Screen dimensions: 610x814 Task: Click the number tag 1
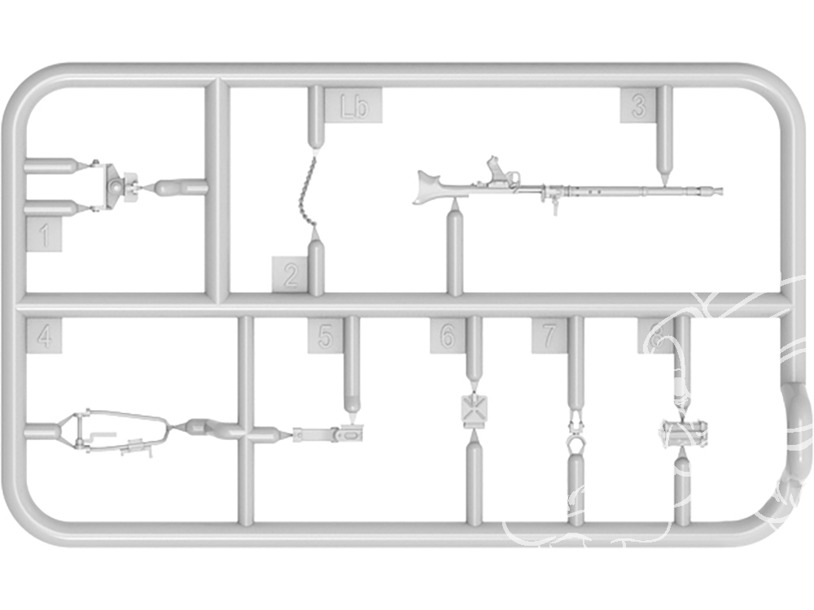pos(45,236)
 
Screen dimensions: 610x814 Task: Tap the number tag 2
pos(290,274)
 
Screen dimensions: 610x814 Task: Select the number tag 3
pos(638,106)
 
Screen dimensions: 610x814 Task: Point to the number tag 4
pos(45,336)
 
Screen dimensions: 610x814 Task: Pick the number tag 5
pos(325,336)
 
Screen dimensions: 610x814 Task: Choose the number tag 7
pos(549,336)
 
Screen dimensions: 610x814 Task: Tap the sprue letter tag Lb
pos(354,107)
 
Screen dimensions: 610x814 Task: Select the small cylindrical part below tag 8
pos(682,433)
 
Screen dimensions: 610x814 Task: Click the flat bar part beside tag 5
pos(326,434)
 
